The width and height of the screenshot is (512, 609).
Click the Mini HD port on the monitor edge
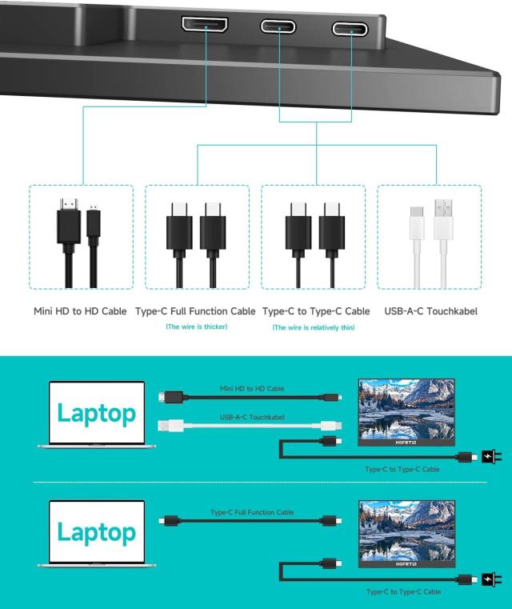click(x=205, y=25)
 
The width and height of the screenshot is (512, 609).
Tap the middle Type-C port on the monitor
click(x=278, y=26)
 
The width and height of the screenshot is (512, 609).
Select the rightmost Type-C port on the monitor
click(x=350, y=29)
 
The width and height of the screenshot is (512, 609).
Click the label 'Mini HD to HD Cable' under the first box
click(x=80, y=311)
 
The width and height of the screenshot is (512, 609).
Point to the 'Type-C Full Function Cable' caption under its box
click(x=195, y=311)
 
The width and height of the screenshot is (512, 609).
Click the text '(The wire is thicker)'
click(x=197, y=327)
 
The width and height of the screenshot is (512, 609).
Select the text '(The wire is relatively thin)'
click(x=314, y=327)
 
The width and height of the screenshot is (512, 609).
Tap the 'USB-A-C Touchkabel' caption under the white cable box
click(x=431, y=311)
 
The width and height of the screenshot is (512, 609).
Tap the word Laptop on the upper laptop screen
click(x=97, y=414)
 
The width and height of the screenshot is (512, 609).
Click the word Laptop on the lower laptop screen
click(x=97, y=532)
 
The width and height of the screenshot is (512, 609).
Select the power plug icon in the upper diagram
click(x=491, y=456)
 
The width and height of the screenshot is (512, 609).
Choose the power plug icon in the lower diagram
click(x=491, y=579)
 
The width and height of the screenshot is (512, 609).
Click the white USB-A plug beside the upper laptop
click(x=170, y=426)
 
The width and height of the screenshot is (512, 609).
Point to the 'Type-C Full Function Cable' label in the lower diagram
click(x=252, y=512)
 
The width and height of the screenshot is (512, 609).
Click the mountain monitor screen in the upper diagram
click(x=406, y=410)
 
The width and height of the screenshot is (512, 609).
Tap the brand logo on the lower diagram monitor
click(x=406, y=564)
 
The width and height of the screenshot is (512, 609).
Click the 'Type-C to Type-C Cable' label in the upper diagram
click(x=402, y=469)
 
